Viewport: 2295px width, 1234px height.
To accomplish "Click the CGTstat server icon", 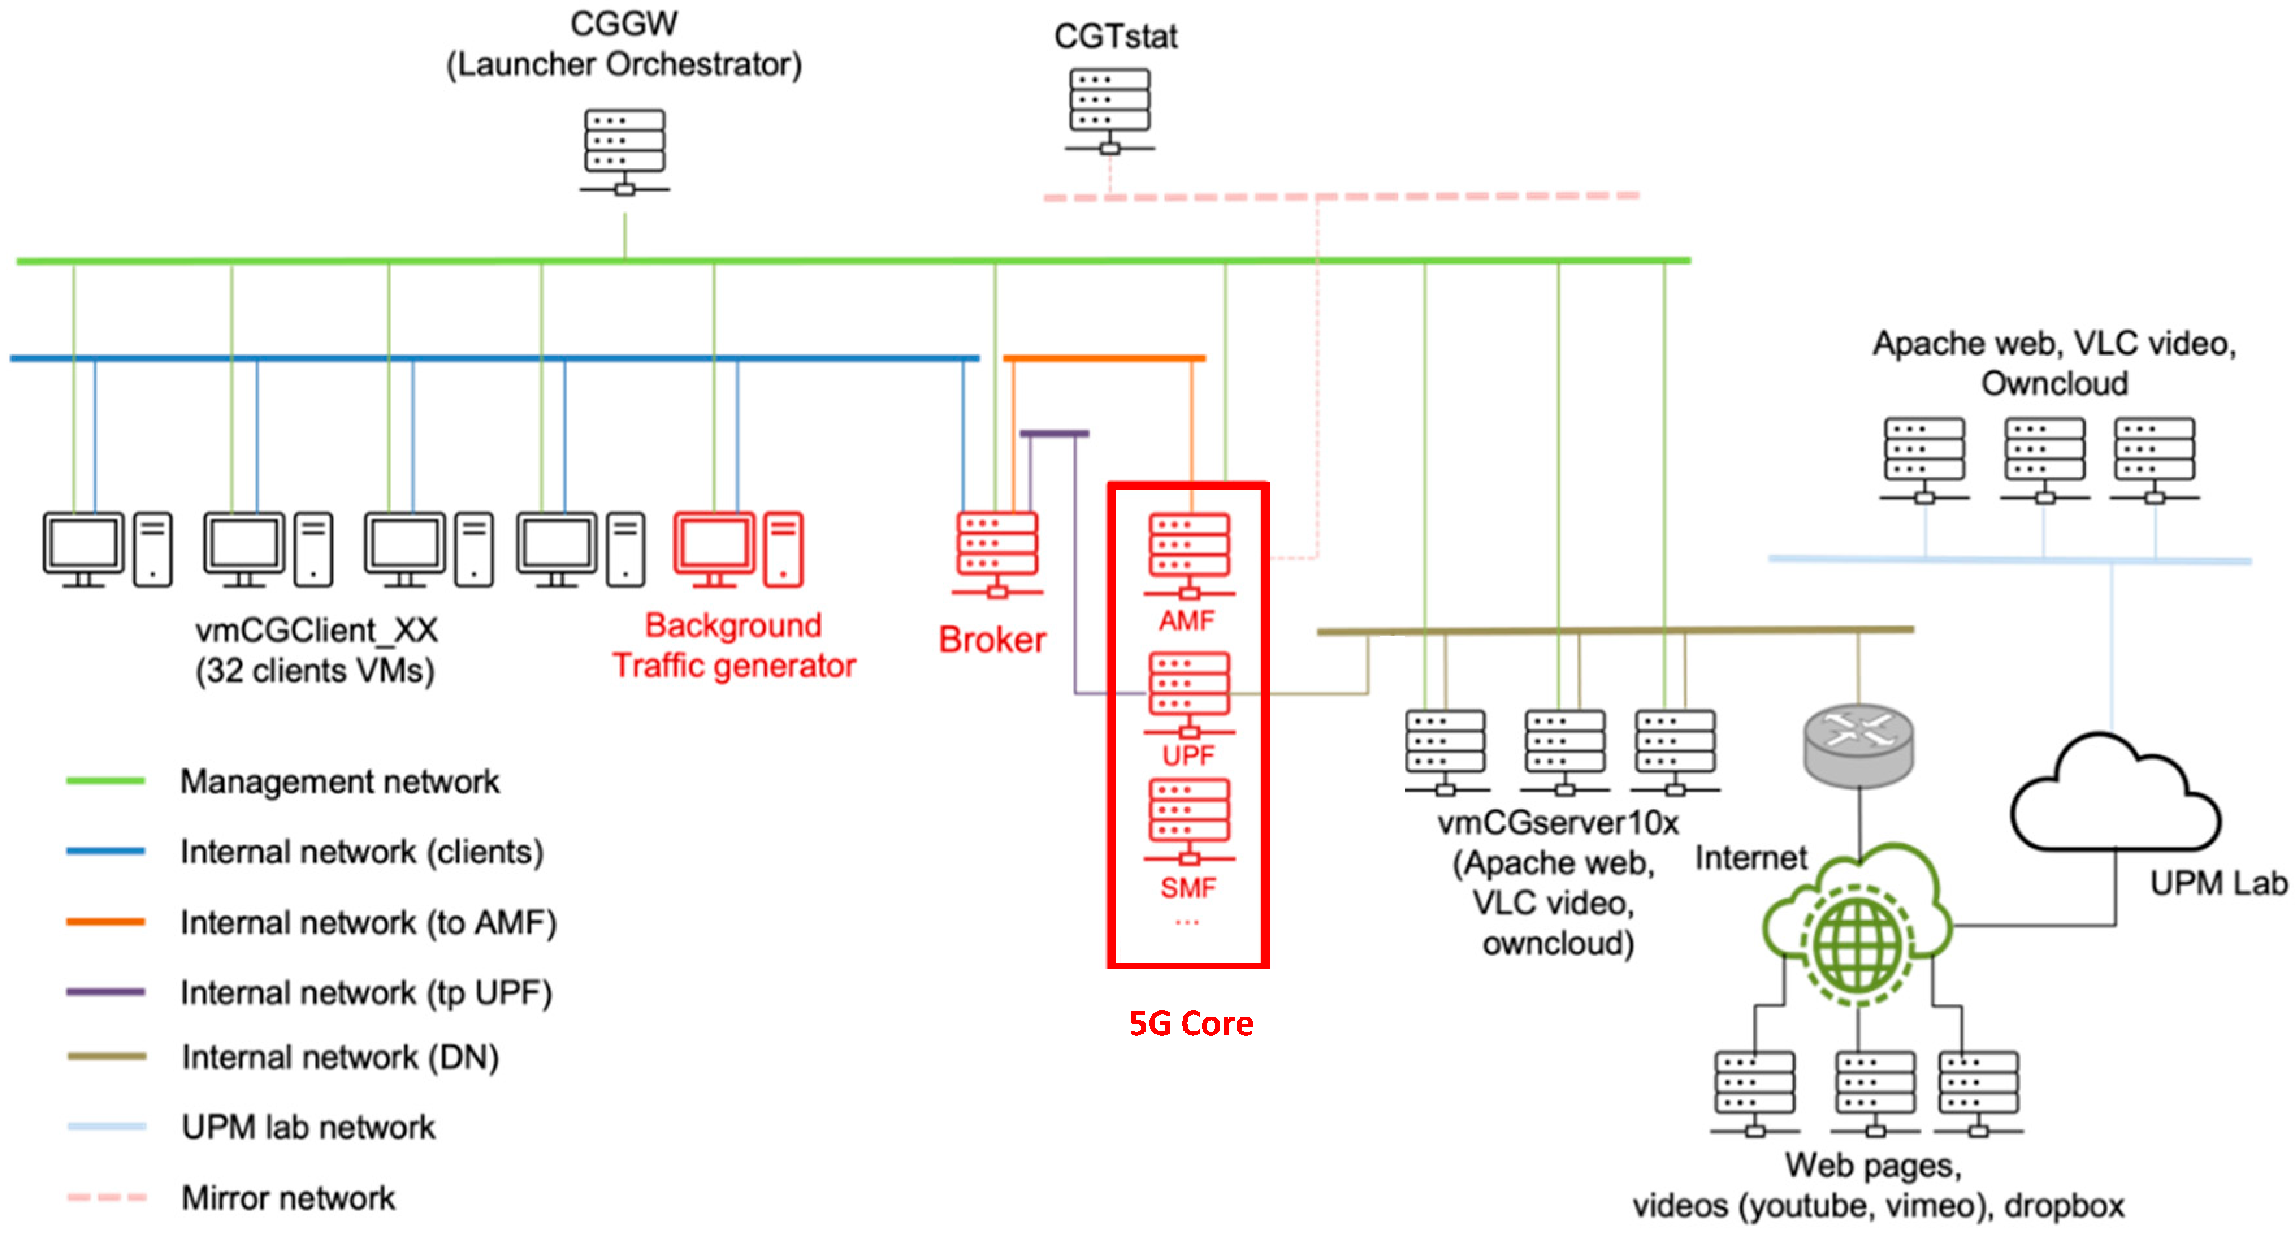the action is pyautogui.click(x=1109, y=111).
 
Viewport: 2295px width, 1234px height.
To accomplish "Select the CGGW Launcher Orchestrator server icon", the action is pyautogui.click(x=625, y=151).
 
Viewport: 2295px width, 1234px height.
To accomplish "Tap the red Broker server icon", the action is pyautogui.click(x=997, y=554).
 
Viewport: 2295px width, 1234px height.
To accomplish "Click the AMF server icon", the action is pyautogui.click(x=1189, y=556).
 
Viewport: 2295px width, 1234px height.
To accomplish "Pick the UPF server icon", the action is pyautogui.click(x=1189, y=695).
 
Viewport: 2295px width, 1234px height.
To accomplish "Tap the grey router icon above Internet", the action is pyautogui.click(x=1859, y=746).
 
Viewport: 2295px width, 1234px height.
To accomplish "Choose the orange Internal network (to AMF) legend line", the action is pyautogui.click(x=105, y=922).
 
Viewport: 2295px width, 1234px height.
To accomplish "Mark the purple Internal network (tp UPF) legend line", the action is pyautogui.click(x=105, y=991).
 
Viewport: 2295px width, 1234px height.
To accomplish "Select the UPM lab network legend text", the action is pyautogui.click(x=308, y=1127).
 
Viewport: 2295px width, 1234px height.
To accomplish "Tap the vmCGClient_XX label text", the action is pyautogui.click(x=316, y=631).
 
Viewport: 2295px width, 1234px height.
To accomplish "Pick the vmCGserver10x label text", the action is pyautogui.click(x=1558, y=823).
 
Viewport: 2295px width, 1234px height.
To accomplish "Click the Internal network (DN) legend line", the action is pyautogui.click(x=107, y=1057).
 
